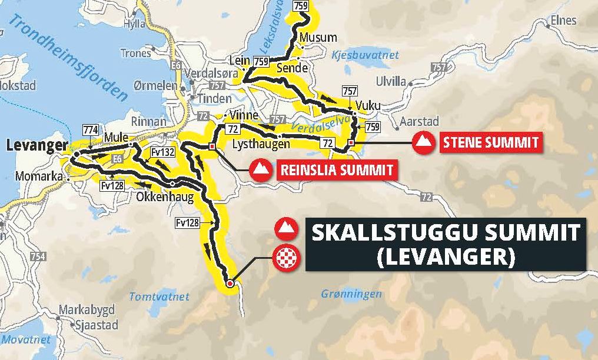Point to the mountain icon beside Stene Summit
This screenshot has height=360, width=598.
(x=423, y=143)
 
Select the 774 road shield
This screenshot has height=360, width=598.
(x=91, y=129)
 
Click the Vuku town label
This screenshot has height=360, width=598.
(x=368, y=106)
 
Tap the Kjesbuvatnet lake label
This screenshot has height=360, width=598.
(x=366, y=55)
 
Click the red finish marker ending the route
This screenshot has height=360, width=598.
(x=230, y=284)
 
